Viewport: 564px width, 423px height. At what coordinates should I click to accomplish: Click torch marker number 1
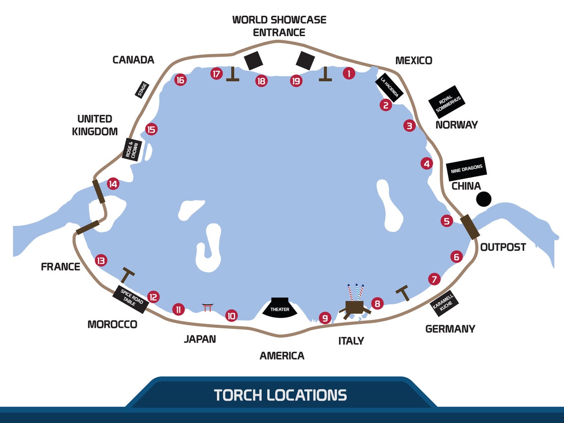(x=349, y=73)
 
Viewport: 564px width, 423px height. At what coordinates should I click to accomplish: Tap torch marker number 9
(x=325, y=318)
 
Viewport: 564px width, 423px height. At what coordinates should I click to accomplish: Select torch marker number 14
(x=113, y=184)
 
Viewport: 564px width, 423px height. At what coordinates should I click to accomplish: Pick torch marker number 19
(x=296, y=81)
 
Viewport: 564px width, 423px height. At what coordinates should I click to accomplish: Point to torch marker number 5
(x=447, y=221)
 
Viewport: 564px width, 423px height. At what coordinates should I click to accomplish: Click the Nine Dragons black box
(x=467, y=169)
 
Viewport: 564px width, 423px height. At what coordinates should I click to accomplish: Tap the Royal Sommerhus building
(x=447, y=102)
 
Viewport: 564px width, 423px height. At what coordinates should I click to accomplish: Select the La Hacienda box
(x=389, y=88)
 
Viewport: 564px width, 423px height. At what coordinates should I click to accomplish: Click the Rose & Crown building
(x=132, y=149)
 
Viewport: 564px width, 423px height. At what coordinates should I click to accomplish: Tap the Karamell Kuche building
(x=445, y=303)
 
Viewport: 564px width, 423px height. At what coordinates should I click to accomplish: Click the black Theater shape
(x=280, y=307)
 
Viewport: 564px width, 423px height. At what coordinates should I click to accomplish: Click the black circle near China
(x=484, y=199)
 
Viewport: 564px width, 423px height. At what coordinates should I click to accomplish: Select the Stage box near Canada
(x=142, y=90)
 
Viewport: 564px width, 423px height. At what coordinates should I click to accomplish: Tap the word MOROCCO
(x=112, y=325)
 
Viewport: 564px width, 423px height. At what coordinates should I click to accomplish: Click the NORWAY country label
(x=457, y=125)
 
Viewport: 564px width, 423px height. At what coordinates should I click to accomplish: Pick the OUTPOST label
(x=503, y=247)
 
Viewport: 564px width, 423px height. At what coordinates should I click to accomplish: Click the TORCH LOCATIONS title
(x=280, y=395)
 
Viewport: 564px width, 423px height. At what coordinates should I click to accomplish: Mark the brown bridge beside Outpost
(x=470, y=227)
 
